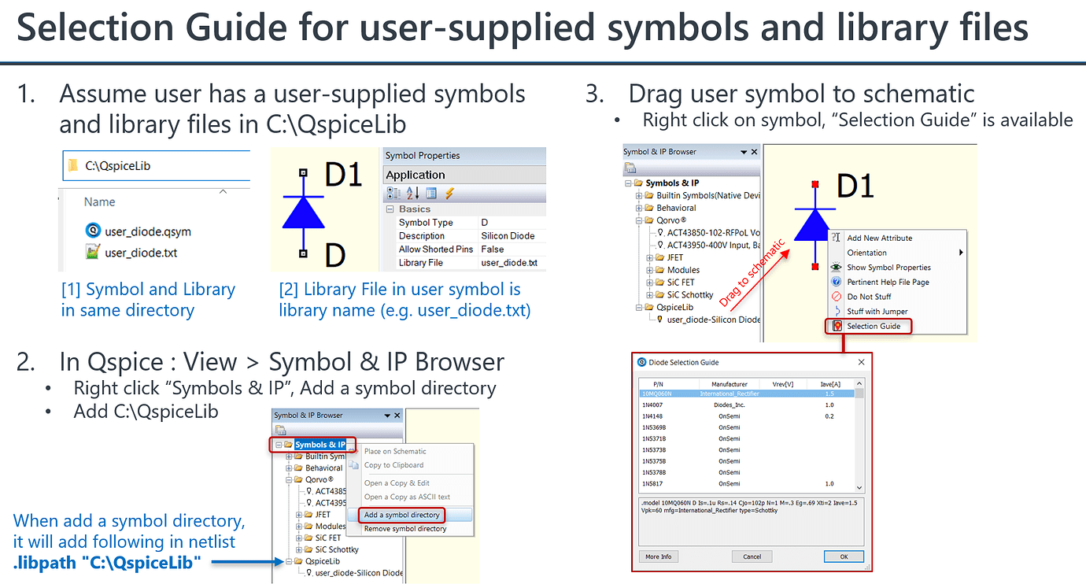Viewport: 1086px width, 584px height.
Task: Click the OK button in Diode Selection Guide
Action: click(x=844, y=556)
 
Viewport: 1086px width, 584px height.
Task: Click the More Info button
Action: click(x=658, y=556)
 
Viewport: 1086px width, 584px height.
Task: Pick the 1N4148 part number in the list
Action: click(x=652, y=416)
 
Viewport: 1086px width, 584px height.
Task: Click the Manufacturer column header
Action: click(x=729, y=384)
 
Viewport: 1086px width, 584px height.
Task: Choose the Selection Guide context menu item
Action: click(x=874, y=326)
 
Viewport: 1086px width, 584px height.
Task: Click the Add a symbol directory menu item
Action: click(x=401, y=515)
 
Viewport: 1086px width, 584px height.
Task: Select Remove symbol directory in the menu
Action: click(x=404, y=529)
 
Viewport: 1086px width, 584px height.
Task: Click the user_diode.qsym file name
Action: click(x=147, y=231)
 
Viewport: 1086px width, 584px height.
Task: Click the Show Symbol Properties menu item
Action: click(x=888, y=268)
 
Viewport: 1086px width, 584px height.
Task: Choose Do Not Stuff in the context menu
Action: click(x=869, y=297)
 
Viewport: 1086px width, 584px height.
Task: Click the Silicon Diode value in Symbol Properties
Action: click(x=508, y=236)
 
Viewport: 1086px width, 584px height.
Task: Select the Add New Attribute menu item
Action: click(x=879, y=238)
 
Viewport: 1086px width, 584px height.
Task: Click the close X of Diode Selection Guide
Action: click(x=861, y=362)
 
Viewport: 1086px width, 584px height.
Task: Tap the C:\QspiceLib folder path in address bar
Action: click(x=117, y=166)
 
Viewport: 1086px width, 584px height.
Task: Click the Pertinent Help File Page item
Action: click(x=888, y=282)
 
